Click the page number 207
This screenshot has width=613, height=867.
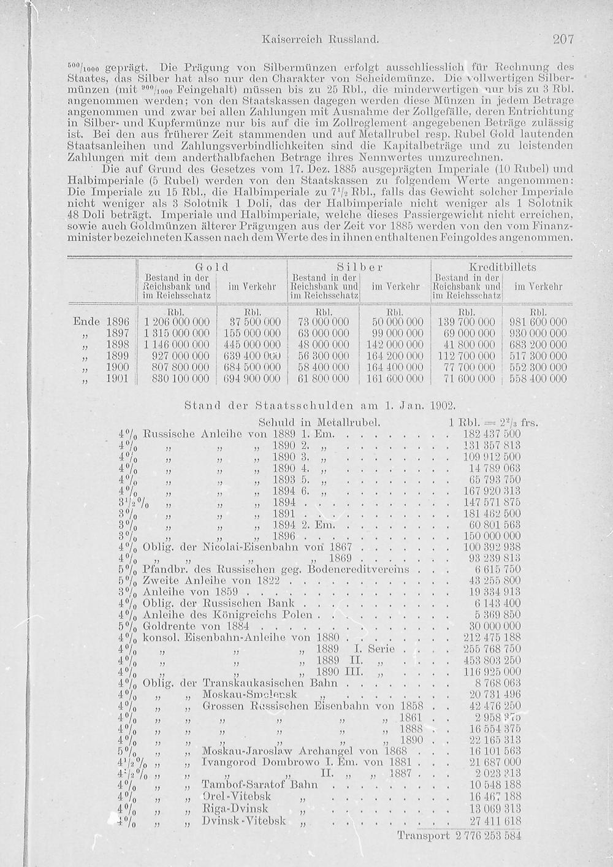coord(562,40)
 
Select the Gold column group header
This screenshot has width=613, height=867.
coord(211,267)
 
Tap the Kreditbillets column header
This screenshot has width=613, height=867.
coord(502,267)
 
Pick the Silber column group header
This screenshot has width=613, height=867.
coord(359,267)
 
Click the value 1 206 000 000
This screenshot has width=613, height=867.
coord(177,322)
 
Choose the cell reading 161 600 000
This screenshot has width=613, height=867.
coord(395,379)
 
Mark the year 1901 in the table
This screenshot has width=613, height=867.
coord(117,379)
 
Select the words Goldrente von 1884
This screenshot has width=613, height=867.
coord(195,626)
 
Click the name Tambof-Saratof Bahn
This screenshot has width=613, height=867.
coord(260,784)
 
